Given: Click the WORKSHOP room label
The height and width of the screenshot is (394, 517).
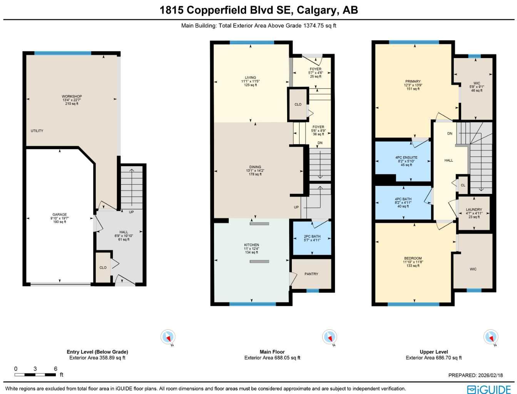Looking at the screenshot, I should coord(72,97).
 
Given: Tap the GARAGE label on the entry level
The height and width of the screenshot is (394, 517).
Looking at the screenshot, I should coord(60,215).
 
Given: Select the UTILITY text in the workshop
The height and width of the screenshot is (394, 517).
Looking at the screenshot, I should coord(37,131).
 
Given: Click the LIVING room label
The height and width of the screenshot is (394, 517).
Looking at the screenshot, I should coord(250,78).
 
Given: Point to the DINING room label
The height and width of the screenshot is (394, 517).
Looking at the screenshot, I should coord(255,167).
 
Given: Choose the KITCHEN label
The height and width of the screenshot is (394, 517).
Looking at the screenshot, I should coord(251,245).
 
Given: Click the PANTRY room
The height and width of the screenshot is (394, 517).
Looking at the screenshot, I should coord(311,274).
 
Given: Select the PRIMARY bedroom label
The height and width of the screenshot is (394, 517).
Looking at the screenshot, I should coord(413,82).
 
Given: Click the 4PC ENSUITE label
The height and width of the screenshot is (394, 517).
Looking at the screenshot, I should coord(406,158).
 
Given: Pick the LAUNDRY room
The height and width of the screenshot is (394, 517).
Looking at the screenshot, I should coord(473,210).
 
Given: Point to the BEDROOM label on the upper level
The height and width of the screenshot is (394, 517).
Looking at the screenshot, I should coord(413,259).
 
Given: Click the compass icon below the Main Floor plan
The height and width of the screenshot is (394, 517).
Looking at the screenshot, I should coord(329,337).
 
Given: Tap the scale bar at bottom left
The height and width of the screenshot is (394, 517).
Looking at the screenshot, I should coord(35,374).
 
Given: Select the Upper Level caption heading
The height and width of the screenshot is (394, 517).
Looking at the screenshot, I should coord(433,352).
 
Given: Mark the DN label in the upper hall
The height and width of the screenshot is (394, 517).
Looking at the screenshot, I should coord(450,134).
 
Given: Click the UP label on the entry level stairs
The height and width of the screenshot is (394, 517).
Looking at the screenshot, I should coord(131,212).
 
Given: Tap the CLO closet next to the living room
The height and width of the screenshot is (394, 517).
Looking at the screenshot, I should coord(298,104).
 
